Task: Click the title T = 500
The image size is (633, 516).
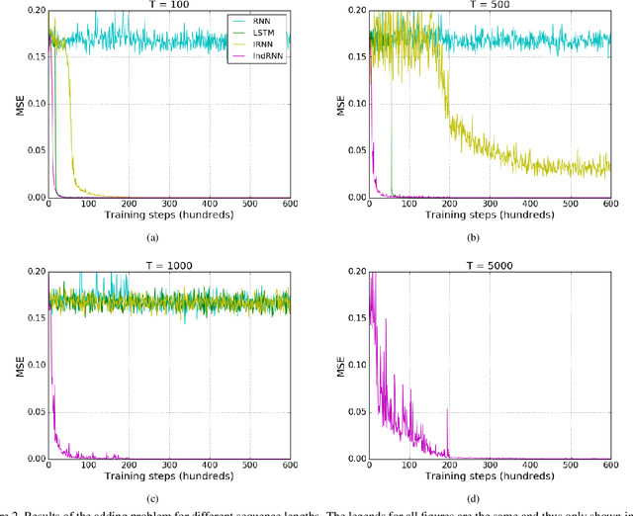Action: tap(490, 5)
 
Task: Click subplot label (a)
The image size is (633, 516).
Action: tap(151, 237)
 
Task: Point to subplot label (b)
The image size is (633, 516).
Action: tap(472, 237)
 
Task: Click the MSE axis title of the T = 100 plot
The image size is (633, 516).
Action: tap(8, 104)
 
